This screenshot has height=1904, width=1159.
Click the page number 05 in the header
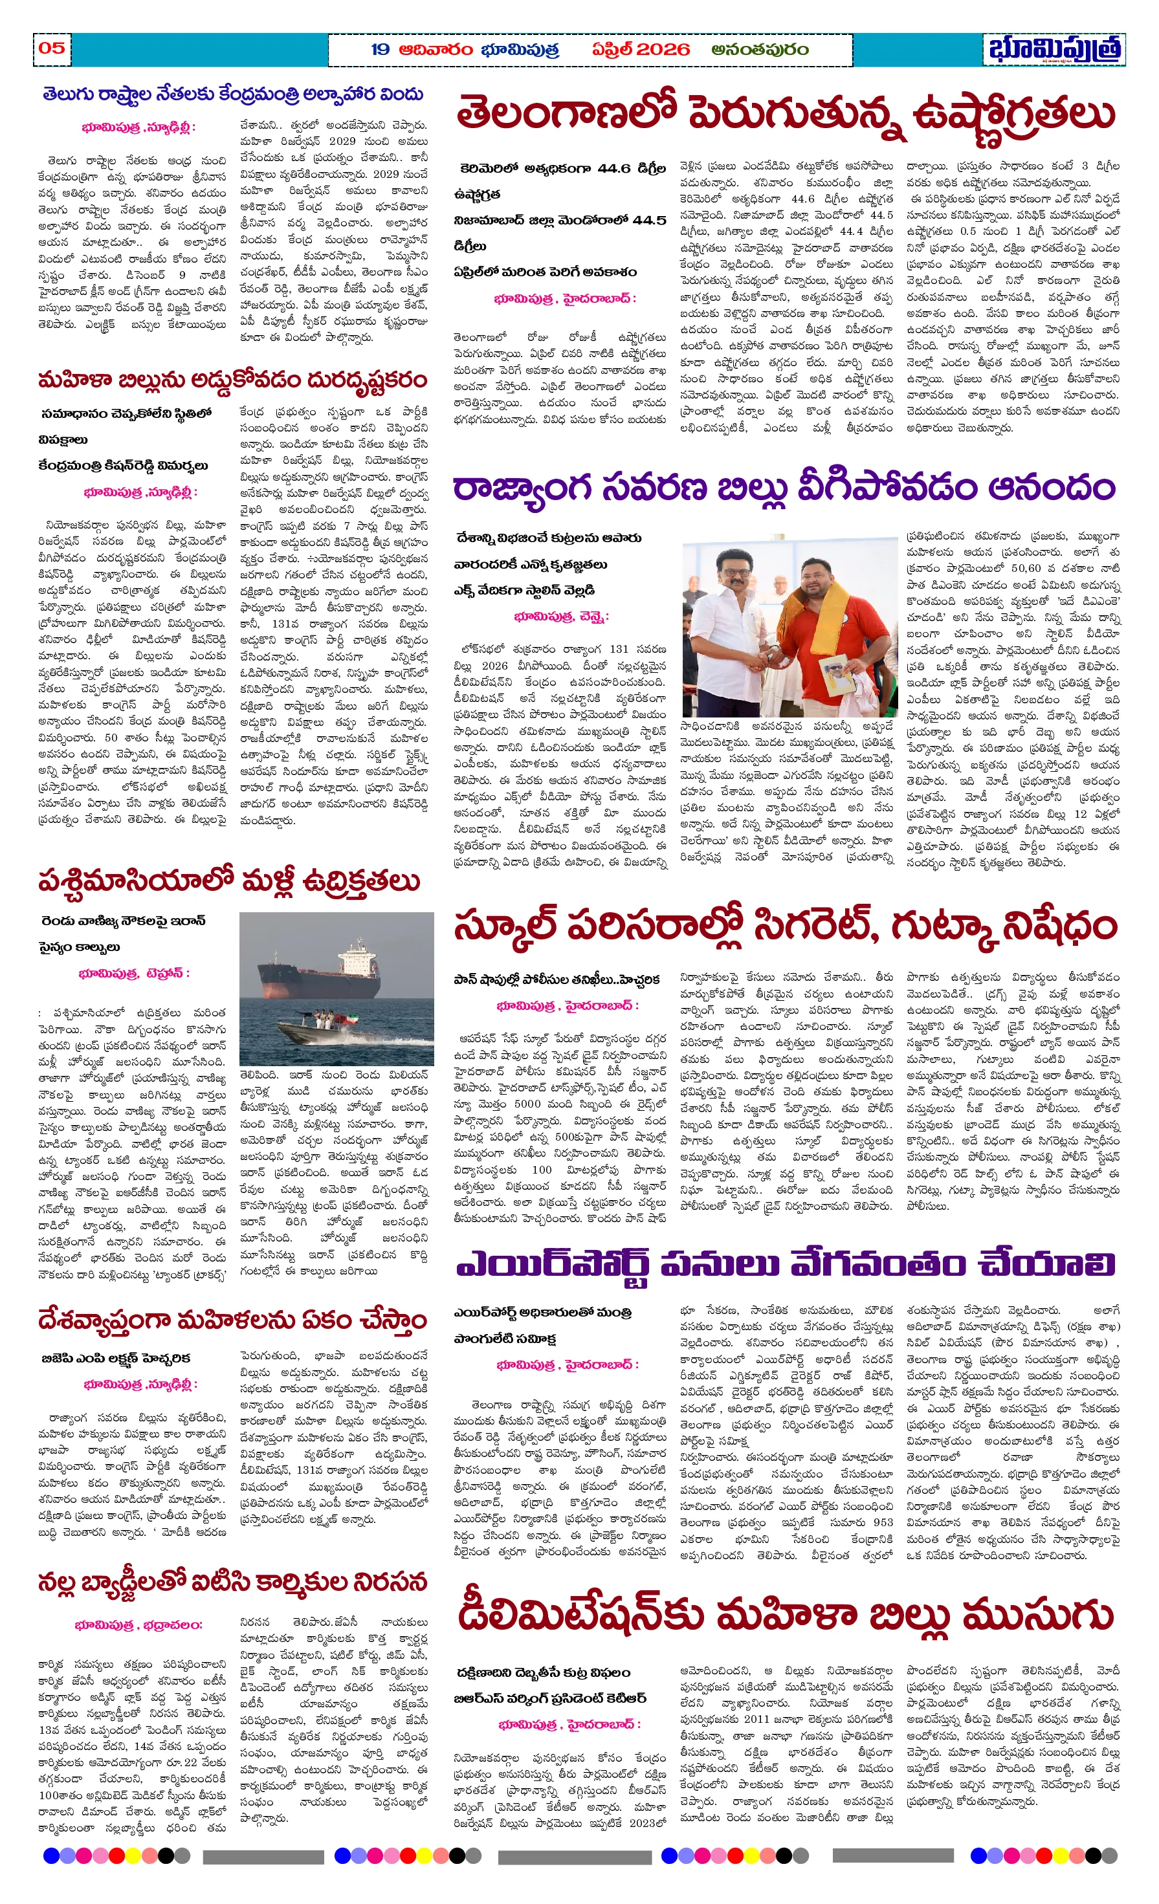pos(51,48)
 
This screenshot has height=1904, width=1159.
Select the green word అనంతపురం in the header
pos(760,49)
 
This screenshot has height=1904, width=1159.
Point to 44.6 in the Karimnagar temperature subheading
pos(614,168)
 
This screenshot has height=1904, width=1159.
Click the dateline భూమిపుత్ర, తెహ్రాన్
pos(134,974)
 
